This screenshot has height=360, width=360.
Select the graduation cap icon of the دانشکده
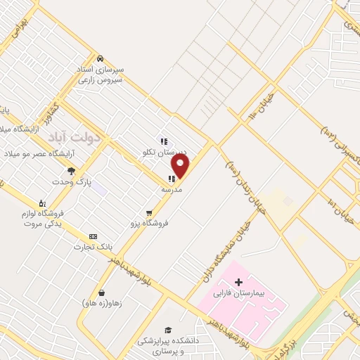pyautogui.click(x=168, y=330)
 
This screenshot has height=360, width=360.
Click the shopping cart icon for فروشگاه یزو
pyautogui.click(x=148, y=213)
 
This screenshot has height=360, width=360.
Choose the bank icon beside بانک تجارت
pyautogui.click(x=92, y=236)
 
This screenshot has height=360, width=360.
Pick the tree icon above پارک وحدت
pyautogui.click(x=70, y=171)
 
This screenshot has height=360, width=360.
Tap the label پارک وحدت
pyautogui.click(x=75, y=181)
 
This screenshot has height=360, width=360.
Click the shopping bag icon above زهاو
pyautogui.click(x=102, y=292)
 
